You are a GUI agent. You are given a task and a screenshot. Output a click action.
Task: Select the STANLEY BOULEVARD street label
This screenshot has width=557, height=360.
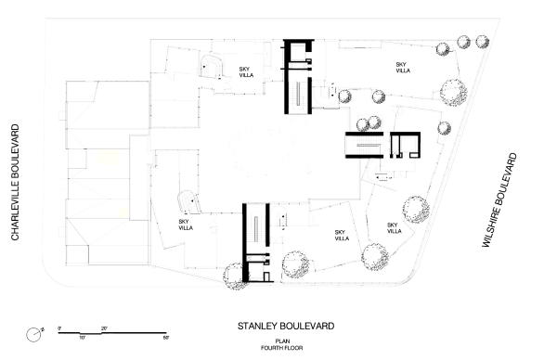(286, 327)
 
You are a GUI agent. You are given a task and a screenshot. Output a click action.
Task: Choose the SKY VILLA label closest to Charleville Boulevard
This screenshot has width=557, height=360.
(186, 225)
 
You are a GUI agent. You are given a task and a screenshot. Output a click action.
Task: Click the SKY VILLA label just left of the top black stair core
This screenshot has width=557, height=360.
(245, 73)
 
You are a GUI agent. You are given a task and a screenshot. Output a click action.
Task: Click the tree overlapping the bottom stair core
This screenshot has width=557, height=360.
(236, 275)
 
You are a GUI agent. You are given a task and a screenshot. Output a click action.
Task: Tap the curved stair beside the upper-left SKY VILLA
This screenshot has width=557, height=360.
(213, 67)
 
